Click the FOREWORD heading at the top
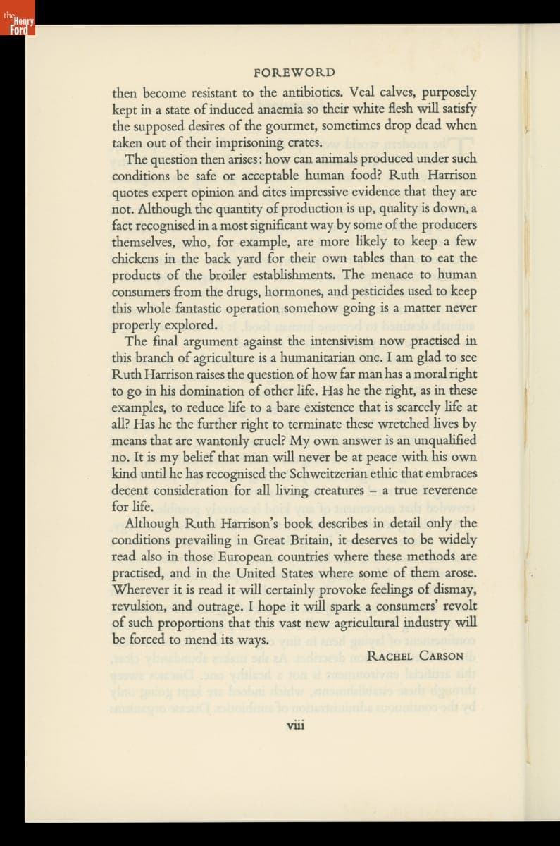pyautogui.click(x=294, y=73)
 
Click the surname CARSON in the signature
pyautogui.click(x=441, y=656)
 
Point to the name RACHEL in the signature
pyautogui.click(x=390, y=656)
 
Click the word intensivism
pyautogui.click(x=347, y=341)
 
